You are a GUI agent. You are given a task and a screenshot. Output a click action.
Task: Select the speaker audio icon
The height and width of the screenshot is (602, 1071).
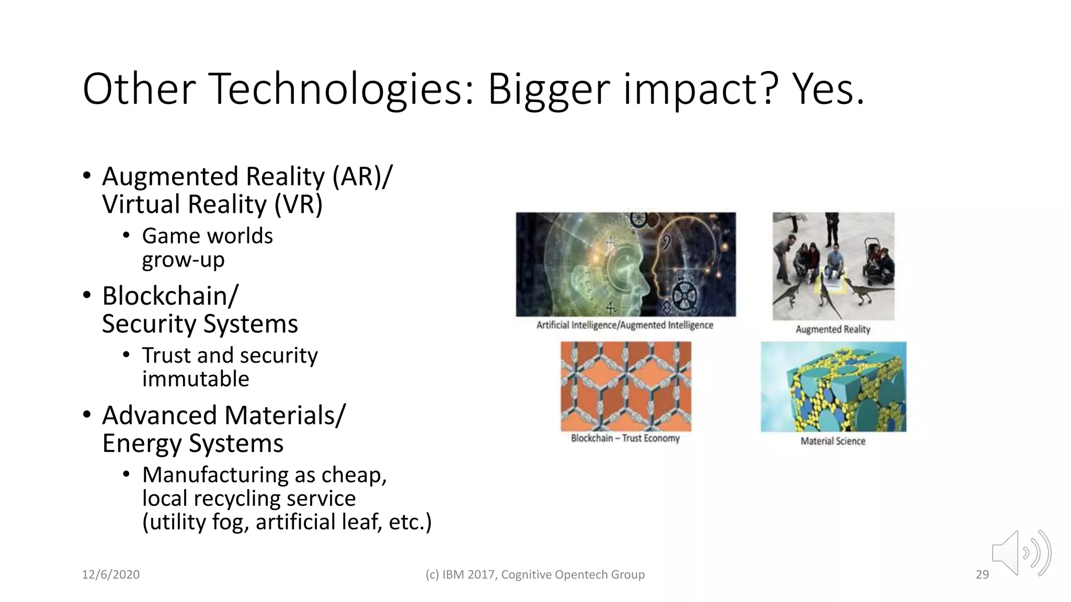tap(1021, 553)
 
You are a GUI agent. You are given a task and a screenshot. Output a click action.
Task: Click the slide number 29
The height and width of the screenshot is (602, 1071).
tap(982, 574)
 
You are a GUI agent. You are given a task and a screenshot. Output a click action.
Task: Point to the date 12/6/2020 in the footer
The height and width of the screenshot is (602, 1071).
tap(111, 574)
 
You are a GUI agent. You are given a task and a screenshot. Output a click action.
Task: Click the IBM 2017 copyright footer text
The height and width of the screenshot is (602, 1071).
tap(535, 574)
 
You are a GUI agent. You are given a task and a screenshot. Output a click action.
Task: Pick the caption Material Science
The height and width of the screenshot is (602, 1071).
tap(833, 441)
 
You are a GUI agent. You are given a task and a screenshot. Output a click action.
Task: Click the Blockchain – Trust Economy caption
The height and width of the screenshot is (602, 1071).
tap(625, 438)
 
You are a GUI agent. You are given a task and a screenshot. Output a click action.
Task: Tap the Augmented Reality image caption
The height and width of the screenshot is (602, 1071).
tap(833, 329)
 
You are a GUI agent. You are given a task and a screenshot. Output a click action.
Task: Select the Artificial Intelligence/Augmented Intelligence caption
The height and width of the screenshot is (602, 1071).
tap(625, 325)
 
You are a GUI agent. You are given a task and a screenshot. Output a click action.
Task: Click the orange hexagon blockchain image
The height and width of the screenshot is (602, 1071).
tap(625, 386)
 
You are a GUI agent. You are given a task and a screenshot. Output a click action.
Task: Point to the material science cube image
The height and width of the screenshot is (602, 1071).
tap(833, 387)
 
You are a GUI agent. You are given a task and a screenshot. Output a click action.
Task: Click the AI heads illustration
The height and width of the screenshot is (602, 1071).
tap(625, 264)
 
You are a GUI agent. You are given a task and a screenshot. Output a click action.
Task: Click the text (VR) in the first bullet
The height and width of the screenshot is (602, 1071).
tap(298, 204)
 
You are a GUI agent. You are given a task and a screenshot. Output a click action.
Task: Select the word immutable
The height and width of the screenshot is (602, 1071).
tap(196, 379)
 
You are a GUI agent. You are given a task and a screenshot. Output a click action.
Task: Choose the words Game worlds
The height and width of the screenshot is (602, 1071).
tap(207, 236)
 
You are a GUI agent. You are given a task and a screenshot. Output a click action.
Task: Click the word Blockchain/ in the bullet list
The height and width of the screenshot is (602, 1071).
tap(170, 296)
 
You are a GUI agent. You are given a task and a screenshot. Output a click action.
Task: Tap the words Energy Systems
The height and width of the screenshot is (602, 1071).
tap(192, 444)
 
